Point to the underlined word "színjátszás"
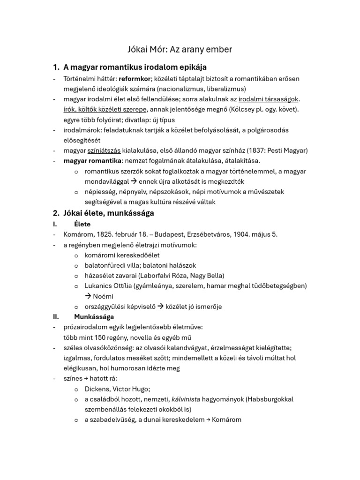(104, 150)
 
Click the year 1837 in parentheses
(256, 150)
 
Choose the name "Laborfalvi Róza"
(165, 275)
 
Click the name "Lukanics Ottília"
(111, 285)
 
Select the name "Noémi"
(103, 296)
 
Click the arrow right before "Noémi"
(88, 296)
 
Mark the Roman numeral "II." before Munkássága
(55, 316)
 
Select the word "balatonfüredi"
(106, 265)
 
